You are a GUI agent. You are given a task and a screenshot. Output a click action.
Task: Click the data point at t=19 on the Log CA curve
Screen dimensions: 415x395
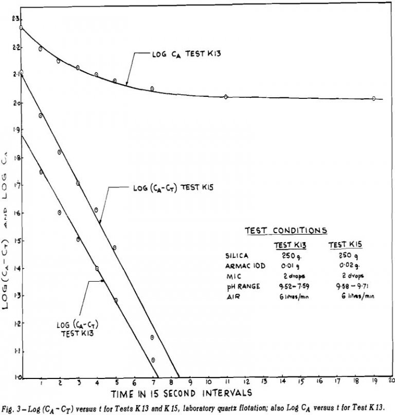(x=374, y=98)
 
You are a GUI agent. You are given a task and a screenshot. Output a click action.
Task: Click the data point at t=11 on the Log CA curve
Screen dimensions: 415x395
(x=226, y=97)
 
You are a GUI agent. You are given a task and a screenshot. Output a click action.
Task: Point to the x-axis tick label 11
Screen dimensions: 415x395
(x=226, y=383)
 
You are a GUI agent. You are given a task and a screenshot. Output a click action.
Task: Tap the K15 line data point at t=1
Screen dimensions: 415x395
(x=41, y=116)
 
